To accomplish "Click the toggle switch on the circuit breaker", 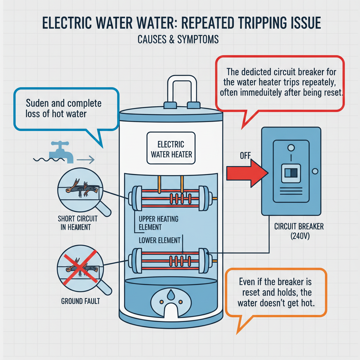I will (x=291, y=172).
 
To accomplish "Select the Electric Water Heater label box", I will (x=171, y=149).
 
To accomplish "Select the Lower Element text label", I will (x=160, y=241).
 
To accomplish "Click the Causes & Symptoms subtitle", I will (x=178, y=39).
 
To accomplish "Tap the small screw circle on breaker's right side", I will (x=315, y=171).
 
